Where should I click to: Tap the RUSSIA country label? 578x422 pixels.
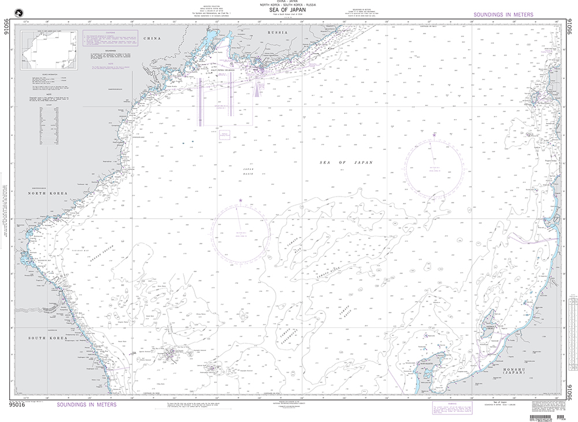(273, 33)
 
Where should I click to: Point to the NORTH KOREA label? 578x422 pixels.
(50, 193)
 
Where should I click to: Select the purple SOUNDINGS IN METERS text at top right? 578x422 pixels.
(503, 15)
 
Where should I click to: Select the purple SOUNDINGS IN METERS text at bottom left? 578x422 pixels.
(87, 405)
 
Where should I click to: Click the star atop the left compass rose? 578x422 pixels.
(240, 201)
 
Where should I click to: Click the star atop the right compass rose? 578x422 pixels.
(434, 134)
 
